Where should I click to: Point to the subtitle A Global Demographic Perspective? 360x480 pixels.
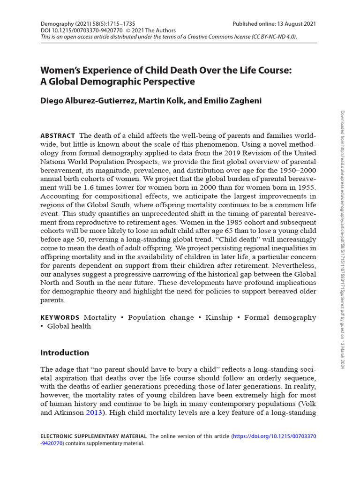click(117, 81)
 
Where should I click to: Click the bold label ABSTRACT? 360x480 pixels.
click(58, 135)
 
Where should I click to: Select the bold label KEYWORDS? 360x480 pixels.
click(60, 317)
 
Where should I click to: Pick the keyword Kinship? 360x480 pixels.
click(219, 317)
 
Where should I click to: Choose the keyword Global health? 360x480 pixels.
click(69, 326)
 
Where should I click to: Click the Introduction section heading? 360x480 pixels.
click(65, 352)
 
